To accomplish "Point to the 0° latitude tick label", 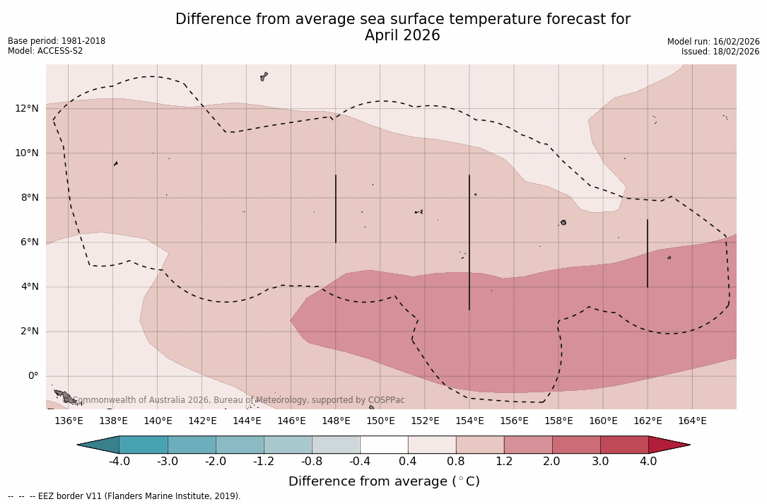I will coord(33,375).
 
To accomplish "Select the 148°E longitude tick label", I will coord(336,421).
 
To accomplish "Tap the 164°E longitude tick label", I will coord(692,421).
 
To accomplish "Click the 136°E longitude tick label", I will coord(69,421).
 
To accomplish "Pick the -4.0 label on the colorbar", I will coord(119,462).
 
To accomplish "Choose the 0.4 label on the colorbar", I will coord(408,462).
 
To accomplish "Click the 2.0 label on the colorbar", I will coord(552,462).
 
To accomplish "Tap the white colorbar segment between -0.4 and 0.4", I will coord(384,445).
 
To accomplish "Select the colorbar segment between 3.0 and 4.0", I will coord(624,445).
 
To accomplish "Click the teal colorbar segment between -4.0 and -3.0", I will coord(144,445).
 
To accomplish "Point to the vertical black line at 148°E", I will coord(336,209).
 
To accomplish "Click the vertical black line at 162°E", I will coord(648,253).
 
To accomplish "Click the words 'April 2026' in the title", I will coord(402,35).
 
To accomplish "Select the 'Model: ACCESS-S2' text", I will coord(45,51).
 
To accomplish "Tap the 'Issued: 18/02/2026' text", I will coord(720,52).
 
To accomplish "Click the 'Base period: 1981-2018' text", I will coord(57,41).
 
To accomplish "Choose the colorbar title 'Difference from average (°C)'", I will coord(384,481).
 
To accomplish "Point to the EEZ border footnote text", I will coord(124,496).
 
